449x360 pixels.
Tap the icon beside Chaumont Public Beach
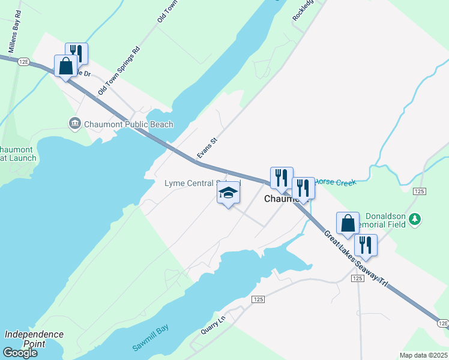75,124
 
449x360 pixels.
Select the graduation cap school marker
228,193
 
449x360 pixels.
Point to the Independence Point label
34,339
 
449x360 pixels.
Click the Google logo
20,353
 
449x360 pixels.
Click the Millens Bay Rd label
13,35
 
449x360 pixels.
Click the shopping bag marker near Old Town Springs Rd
65,65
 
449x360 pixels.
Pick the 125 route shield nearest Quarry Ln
259,299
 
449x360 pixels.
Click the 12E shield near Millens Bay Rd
24,61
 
